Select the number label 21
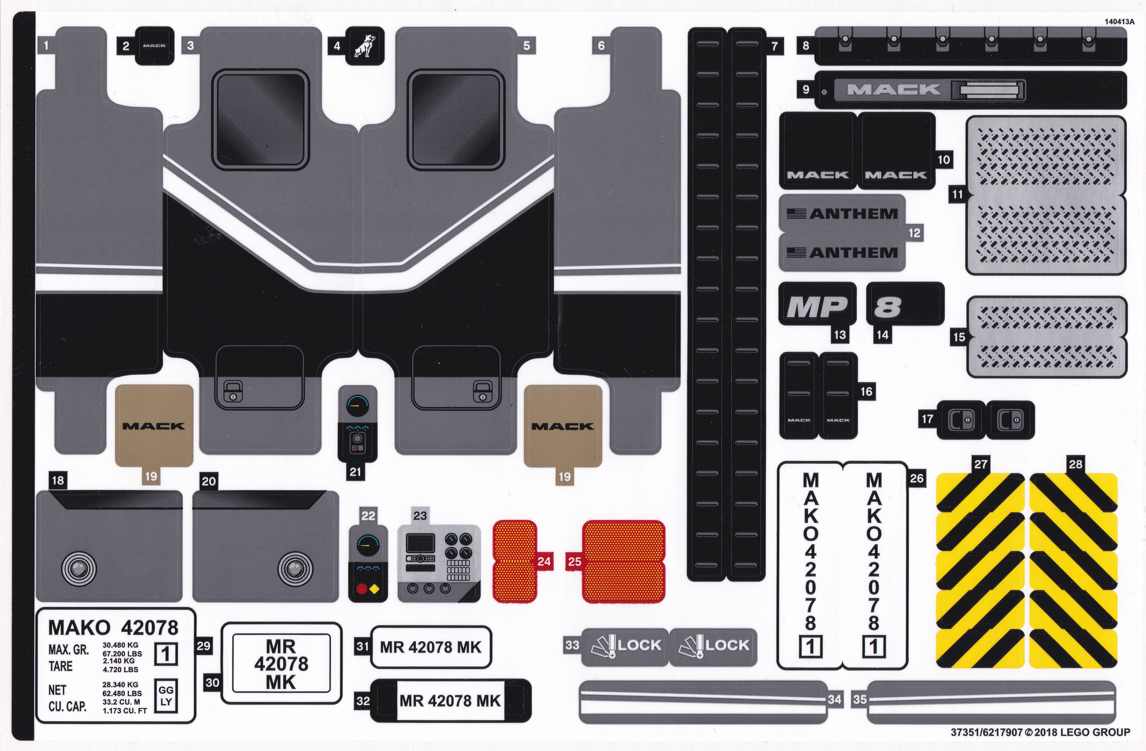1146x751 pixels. coord(355,472)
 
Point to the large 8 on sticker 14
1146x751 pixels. coord(887,307)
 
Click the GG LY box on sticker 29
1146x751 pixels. coord(166,696)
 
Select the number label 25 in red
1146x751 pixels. coord(574,561)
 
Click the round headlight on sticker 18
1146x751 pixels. coord(79,568)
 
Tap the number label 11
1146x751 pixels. coord(957,195)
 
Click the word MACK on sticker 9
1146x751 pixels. coord(893,90)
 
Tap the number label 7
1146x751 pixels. coord(774,46)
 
